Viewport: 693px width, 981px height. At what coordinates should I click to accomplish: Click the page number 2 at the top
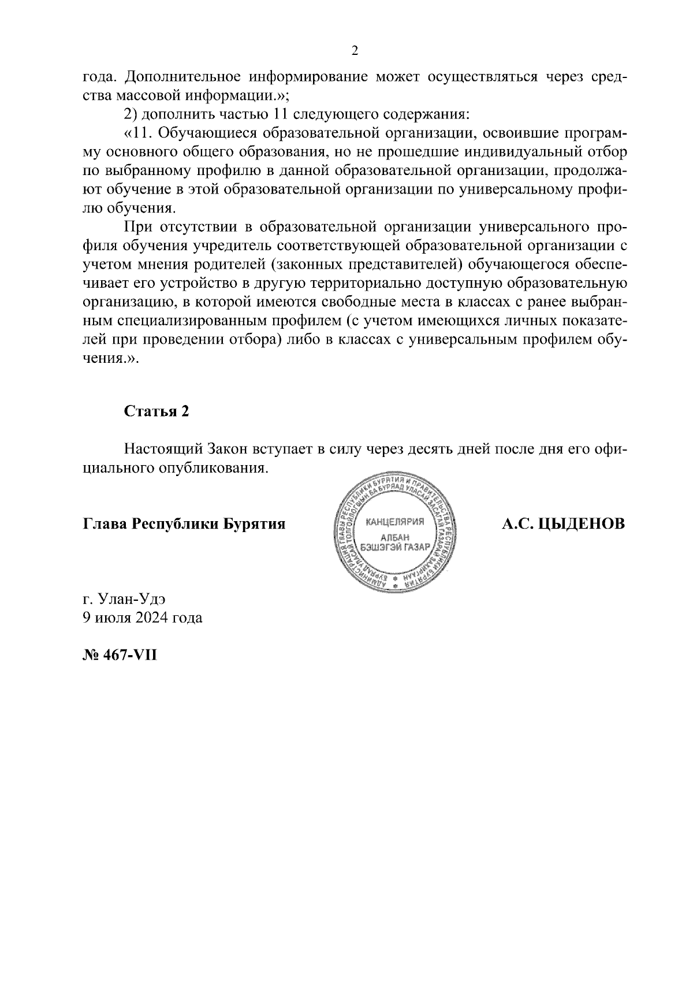[355, 51]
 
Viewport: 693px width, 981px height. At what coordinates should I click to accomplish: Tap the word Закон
[228, 449]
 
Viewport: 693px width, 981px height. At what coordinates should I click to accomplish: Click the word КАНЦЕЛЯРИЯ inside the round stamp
[395, 522]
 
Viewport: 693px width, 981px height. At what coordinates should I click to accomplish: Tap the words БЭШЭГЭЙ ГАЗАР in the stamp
[395, 547]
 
